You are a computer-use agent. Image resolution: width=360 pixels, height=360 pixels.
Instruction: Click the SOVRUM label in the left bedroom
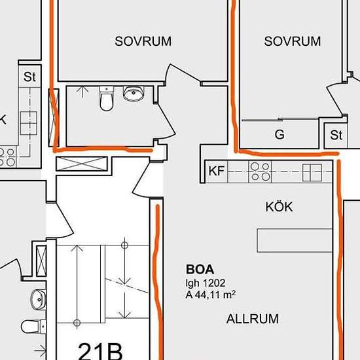(143, 41)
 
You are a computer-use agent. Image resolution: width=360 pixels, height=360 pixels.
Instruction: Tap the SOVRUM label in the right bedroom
(293, 41)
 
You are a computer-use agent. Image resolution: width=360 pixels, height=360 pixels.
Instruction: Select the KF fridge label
(217, 171)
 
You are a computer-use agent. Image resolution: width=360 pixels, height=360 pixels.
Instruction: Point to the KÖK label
(279, 207)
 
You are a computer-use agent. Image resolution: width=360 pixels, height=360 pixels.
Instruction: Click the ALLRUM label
(253, 319)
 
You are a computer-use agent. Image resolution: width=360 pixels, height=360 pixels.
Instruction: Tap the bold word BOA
(200, 269)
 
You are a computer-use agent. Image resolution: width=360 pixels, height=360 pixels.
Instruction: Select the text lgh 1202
(206, 283)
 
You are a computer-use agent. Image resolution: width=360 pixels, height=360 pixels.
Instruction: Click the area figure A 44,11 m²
(211, 295)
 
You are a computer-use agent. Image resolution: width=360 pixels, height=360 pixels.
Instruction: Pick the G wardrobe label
(279, 134)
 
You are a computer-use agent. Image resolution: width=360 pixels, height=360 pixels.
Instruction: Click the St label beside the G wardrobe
(336, 135)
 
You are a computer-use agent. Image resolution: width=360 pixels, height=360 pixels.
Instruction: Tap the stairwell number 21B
(100, 351)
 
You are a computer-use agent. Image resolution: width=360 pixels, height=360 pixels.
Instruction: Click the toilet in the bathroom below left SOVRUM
(107, 99)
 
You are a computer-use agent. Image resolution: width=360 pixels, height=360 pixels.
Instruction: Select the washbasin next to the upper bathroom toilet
(134, 94)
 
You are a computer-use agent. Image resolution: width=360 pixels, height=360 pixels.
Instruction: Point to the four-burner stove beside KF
(260, 171)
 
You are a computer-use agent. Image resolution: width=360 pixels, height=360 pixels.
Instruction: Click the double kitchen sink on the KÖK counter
(312, 173)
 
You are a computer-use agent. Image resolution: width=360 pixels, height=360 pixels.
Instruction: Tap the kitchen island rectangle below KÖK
(295, 240)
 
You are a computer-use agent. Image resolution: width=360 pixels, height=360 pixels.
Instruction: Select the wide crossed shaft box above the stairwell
(82, 164)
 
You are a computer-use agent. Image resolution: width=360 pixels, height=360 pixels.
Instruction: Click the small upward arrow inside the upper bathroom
(82, 92)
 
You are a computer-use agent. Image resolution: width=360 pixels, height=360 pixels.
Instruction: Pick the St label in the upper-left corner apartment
(29, 77)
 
